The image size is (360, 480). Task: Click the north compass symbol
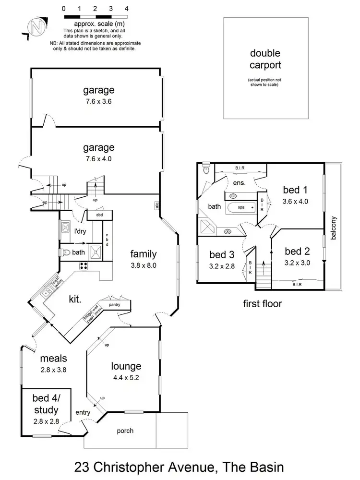[35, 26]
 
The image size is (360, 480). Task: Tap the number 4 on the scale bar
[126, 9]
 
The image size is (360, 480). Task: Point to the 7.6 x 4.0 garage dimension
[98, 159]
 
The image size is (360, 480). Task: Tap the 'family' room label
[143, 254]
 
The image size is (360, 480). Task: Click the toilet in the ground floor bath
[66, 252]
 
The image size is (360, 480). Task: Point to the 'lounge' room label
[126, 367]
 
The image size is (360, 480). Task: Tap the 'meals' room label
[53, 358]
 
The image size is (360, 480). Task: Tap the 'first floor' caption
[262, 303]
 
